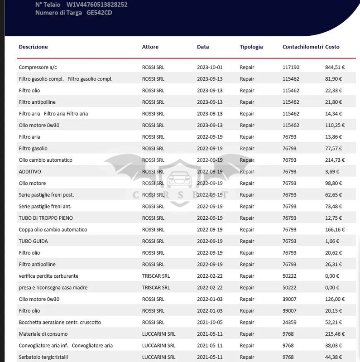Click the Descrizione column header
(x=33, y=47)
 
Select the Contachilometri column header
(x=302, y=47)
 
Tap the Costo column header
(x=332, y=47)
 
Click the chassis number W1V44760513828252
(x=97, y=5)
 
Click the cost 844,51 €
(x=335, y=68)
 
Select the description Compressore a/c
(x=38, y=68)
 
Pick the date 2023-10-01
(x=210, y=68)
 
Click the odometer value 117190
(x=291, y=68)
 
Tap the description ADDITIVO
(x=30, y=172)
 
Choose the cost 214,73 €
(x=335, y=160)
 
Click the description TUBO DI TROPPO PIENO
(x=46, y=218)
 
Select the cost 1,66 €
(x=332, y=241)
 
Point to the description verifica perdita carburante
(x=48, y=276)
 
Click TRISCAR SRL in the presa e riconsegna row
(x=156, y=288)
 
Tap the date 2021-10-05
(x=210, y=323)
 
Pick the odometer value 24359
(x=289, y=323)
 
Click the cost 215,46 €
(x=335, y=334)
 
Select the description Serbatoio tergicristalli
(x=43, y=357)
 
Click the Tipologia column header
(x=251, y=47)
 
